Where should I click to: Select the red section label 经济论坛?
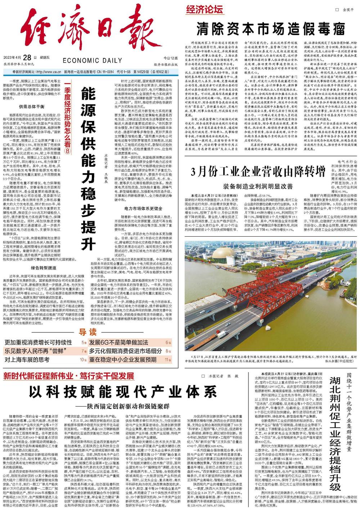click(x=204, y=10)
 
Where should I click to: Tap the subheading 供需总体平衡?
click(x=32, y=107)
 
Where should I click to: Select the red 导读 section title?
click(x=87, y=332)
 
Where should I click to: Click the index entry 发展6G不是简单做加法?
click(x=119, y=342)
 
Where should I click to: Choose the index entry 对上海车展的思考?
click(x=27, y=359)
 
